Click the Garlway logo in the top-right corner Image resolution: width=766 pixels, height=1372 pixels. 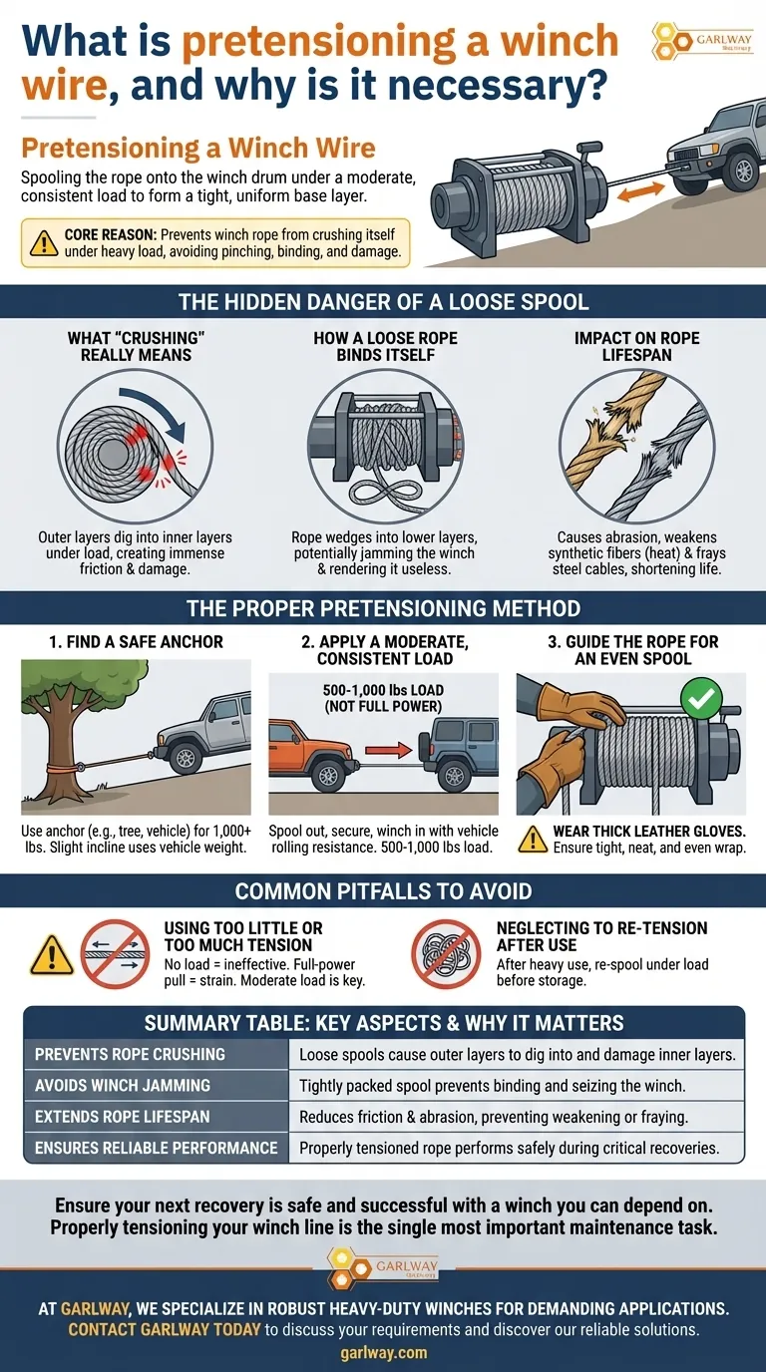702,41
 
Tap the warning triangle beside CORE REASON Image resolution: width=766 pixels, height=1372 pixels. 44,243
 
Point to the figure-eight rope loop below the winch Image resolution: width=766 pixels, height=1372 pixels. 384,493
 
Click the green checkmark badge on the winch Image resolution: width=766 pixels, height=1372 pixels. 701,698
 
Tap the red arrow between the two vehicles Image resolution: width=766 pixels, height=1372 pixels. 388,750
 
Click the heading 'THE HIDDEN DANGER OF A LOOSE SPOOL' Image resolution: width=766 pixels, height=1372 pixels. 384,302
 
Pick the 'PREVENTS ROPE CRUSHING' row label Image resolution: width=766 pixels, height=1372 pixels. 130,1054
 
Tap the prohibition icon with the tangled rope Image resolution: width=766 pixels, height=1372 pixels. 446,953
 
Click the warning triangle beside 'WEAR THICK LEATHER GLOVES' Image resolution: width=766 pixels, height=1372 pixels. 533,840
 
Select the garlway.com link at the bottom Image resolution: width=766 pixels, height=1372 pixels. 384,1352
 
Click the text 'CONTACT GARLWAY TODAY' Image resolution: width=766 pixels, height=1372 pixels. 165,1330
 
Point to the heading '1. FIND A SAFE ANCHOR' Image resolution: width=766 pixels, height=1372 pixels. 136,642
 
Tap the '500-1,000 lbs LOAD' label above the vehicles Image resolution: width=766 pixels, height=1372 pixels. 384,690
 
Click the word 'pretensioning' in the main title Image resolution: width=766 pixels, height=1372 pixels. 318,41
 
